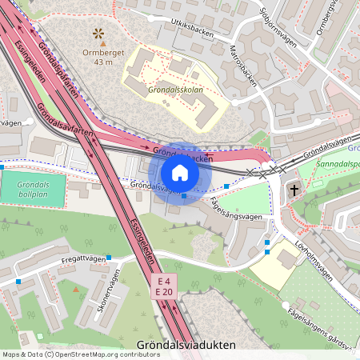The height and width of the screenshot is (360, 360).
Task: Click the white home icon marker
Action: pos(179,173)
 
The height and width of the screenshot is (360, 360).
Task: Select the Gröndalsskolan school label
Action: pos(175,90)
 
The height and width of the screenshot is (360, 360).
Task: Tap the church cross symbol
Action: pos(294,190)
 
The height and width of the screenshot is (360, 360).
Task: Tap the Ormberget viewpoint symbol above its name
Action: pos(98,33)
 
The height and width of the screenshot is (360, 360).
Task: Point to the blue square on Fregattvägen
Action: pos(109,258)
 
